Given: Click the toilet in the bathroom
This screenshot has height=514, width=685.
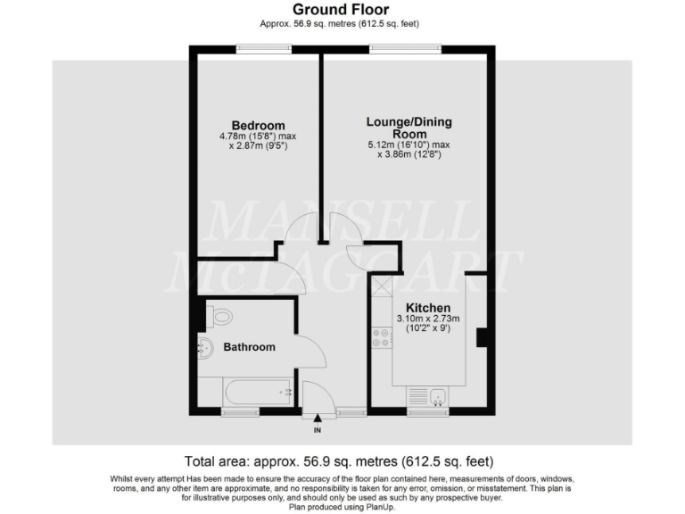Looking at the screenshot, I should pos(219,316).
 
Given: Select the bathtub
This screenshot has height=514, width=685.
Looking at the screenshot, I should pos(246,391).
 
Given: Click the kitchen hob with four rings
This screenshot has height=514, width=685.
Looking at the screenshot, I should pos(381,337).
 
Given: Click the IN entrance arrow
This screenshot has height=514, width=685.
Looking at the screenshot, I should pos(318,419).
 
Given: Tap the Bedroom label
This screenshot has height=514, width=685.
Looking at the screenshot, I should pos(258,125).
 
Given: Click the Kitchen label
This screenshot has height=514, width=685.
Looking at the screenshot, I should pos(428,308).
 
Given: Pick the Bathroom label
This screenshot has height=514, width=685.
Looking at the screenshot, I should pos(249,346).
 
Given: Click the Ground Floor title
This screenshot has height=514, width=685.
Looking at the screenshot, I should pos(342,10).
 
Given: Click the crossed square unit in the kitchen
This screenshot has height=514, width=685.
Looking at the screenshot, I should pos(381,286).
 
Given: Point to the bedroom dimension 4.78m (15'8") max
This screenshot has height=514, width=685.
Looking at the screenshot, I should pos(258,136).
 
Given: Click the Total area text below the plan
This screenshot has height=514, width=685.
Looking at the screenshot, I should pos(338,462).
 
